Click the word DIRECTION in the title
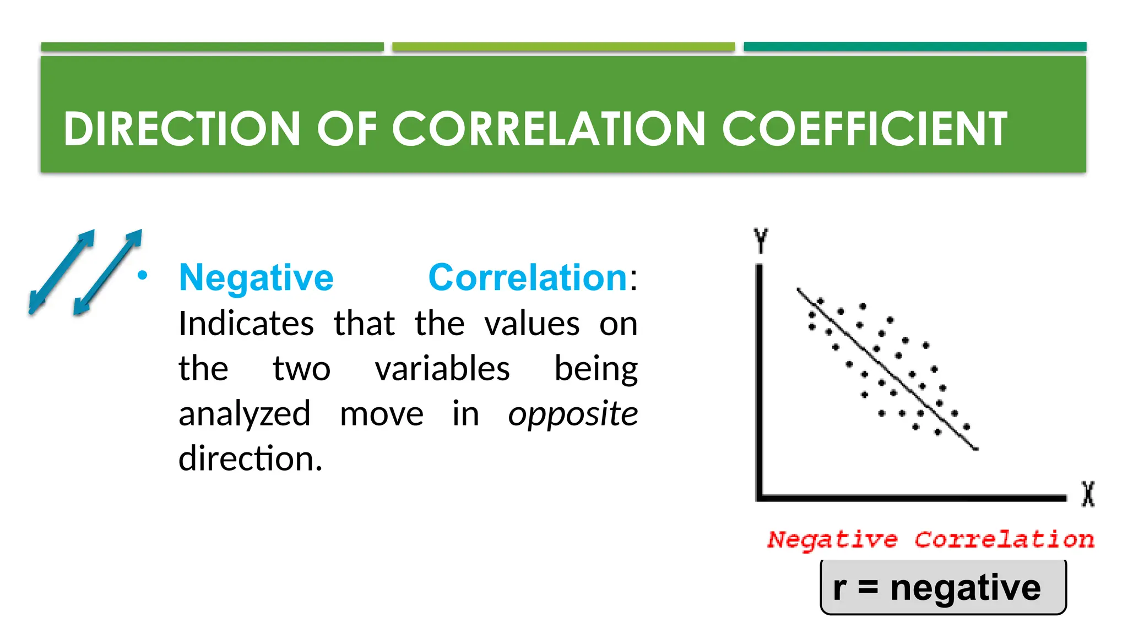(181, 129)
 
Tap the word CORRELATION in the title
(548, 129)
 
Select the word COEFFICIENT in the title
(865, 129)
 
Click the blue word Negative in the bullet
(256, 277)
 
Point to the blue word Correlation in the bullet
(528, 277)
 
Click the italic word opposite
(573, 413)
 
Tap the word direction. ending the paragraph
(250, 458)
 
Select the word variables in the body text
(442, 368)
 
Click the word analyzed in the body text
(245, 413)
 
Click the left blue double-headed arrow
(62, 272)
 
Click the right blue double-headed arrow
(108, 272)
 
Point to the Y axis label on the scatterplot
(761, 241)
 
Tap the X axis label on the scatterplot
(1088, 494)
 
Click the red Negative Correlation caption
(931, 539)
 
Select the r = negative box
(943, 587)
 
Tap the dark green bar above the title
(212, 47)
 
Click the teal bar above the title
(914, 47)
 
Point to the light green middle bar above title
(563, 47)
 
